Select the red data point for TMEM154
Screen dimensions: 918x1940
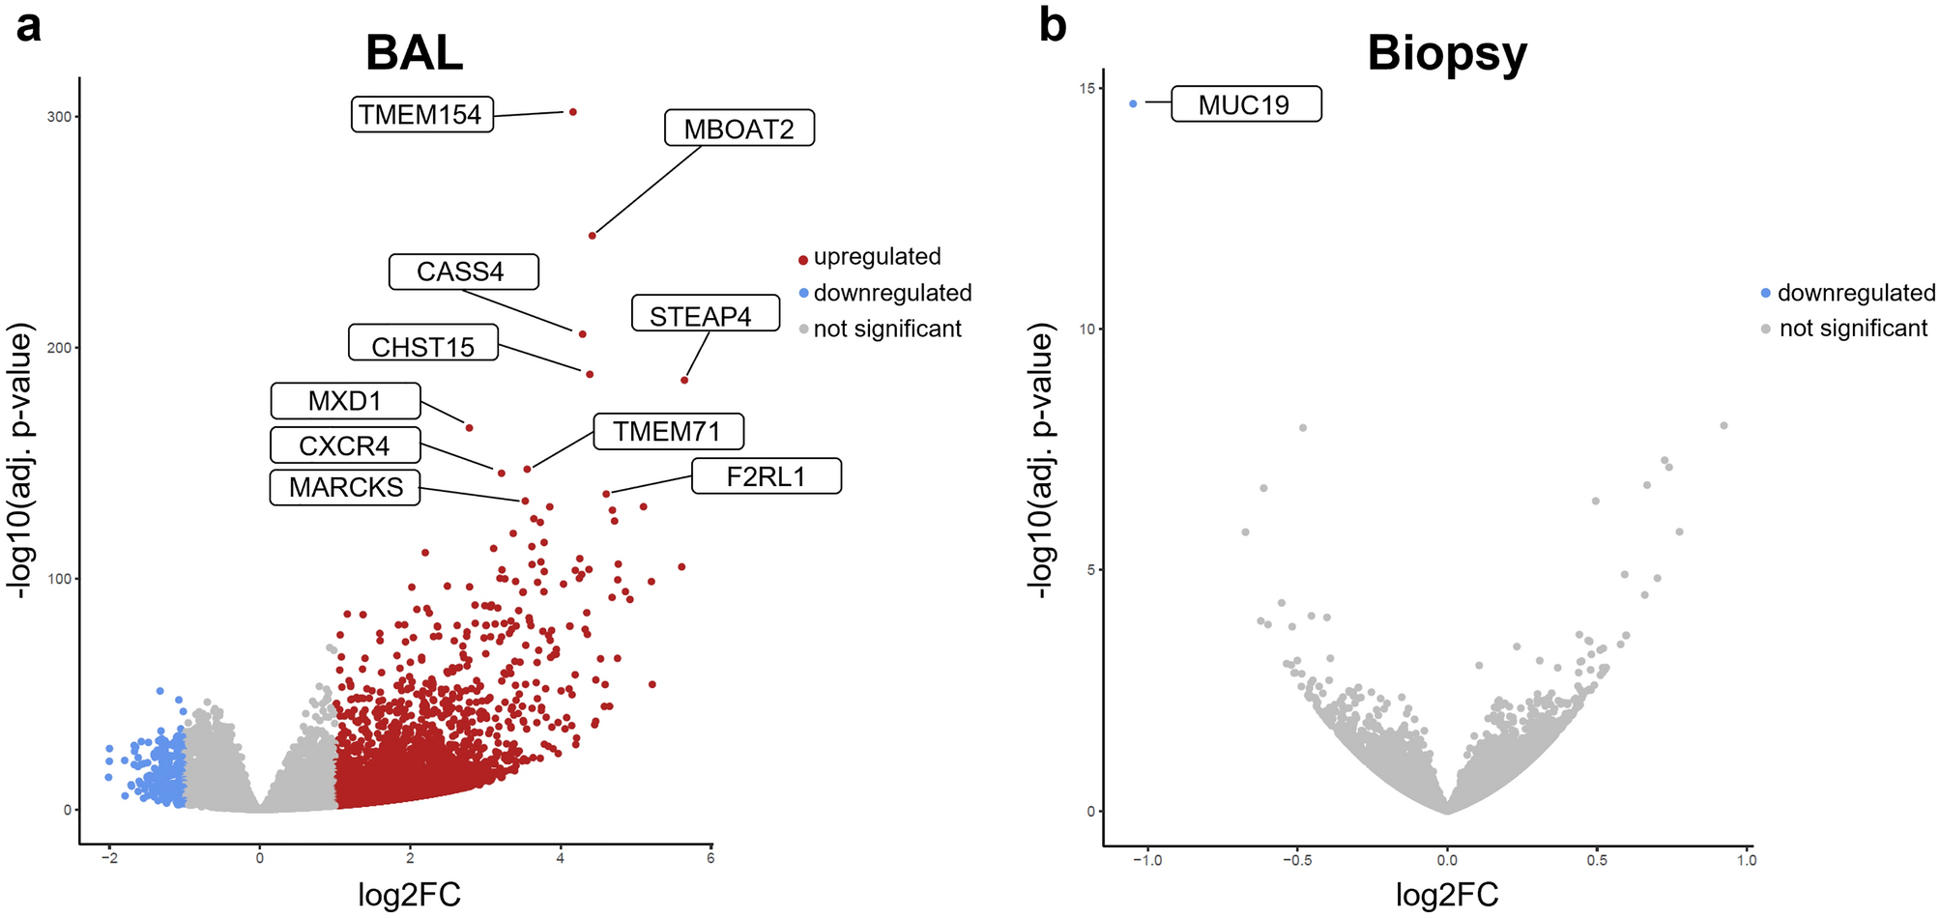click(572, 112)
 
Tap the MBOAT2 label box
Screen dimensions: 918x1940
click(738, 129)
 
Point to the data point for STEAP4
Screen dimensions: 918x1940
click(684, 380)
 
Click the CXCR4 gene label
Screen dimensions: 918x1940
click(345, 445)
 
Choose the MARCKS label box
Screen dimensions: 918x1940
click(345, 487)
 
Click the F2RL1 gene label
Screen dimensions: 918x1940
click(766, 476)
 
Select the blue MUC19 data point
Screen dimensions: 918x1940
click(1133, 103)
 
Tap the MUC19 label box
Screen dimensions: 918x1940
click(1245, 104)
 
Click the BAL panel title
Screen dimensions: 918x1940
click(414, 52)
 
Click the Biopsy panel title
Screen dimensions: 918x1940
click(1446, 52)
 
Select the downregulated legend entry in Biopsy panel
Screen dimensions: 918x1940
click(1847, 293)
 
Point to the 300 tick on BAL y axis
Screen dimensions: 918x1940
click(59, 117)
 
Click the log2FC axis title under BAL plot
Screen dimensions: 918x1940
click(409, 895)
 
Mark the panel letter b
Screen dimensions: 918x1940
click(1053, 25)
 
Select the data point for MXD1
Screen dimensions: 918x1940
click(470, 427)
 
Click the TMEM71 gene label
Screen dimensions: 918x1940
click(667, 431)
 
